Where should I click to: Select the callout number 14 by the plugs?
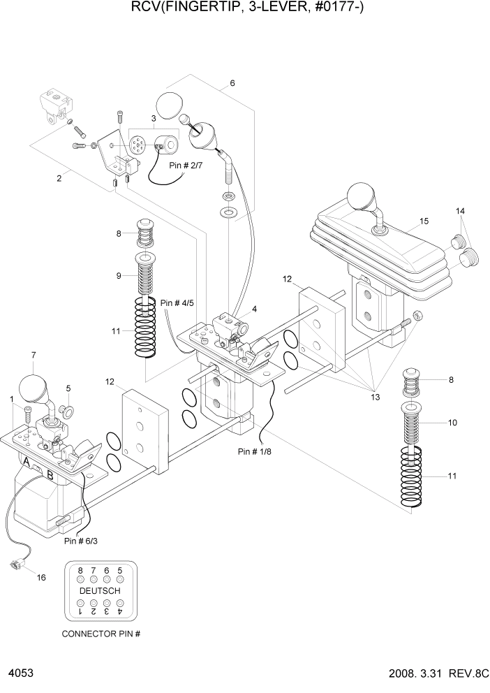[x=460, y=211]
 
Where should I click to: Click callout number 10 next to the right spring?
[x=452, y=423]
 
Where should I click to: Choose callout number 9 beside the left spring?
[x=119, y=275]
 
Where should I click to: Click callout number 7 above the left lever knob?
[x=32, y=356]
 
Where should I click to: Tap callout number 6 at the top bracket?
[x=232, y=83]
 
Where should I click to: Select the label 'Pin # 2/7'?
[x=186, y=166]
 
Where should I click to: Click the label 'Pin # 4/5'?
[x=177, y=302]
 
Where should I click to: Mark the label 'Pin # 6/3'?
[x=81, y=540]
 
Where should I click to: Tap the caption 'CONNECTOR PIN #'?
[x=101, y=634]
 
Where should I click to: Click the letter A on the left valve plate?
[x=27, y=462]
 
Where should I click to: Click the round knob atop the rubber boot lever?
[x=362, y=196]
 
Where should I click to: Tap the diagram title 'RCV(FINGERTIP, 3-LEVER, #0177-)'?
[x=244, y=8]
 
